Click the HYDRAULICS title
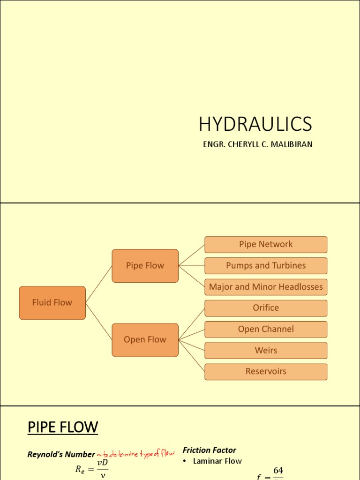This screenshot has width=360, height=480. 255,124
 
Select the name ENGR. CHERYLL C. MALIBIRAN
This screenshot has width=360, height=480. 257,144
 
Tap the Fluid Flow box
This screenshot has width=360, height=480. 52,303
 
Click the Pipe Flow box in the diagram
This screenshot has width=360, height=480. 145,266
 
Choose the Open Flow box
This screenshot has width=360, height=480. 145,340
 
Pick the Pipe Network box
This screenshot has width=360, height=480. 266,244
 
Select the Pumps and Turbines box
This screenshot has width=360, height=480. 266,266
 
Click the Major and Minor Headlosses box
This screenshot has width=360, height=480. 266,287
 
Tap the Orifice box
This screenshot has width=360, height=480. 266,308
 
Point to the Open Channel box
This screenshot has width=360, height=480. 266,329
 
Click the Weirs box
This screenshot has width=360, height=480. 266,350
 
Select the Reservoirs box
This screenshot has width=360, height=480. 266,371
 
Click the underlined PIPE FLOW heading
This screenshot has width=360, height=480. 63,427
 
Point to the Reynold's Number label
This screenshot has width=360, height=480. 61,454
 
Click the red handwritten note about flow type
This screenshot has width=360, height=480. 135,454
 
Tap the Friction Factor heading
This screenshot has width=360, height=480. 209,450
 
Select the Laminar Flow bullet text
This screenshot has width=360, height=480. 217,461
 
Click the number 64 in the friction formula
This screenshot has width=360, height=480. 278,470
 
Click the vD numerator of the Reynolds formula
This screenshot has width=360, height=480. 102,463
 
